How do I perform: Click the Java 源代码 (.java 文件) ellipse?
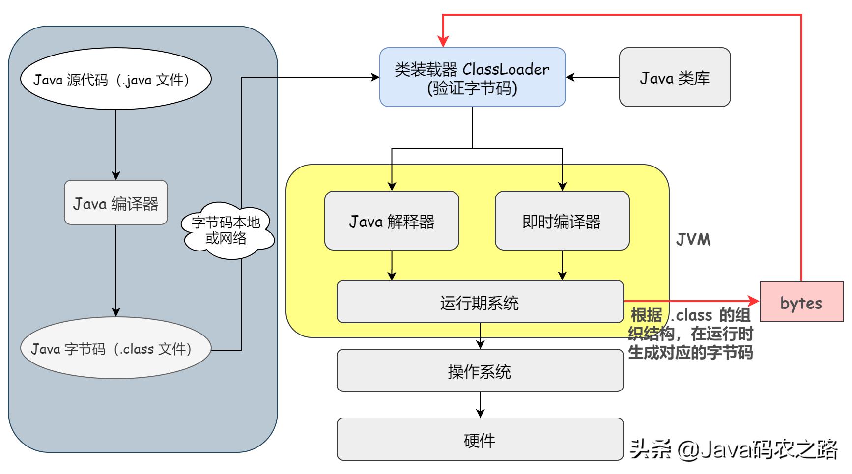[115, 79]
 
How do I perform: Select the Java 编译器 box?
[115, 203]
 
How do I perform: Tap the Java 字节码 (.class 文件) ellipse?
[115, 349]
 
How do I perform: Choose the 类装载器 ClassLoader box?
[472, 77]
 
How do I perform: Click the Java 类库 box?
[675, 77]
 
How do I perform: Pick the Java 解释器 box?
[392, 221]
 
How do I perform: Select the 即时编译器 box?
[562, 221]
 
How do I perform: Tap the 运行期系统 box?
[480, 302]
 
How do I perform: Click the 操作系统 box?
[480, 371]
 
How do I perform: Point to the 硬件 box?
[480, 440]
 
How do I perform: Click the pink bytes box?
[801, 302]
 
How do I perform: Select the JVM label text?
[693, 240]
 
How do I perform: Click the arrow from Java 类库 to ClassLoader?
[592, 77]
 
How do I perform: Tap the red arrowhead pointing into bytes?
[754, 300]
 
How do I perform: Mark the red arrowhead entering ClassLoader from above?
[443, 41]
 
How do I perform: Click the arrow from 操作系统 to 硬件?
[480, 405]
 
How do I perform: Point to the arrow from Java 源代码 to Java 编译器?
[116, 145]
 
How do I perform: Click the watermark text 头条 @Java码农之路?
[734, 449]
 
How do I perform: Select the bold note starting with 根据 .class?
[690, 334]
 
